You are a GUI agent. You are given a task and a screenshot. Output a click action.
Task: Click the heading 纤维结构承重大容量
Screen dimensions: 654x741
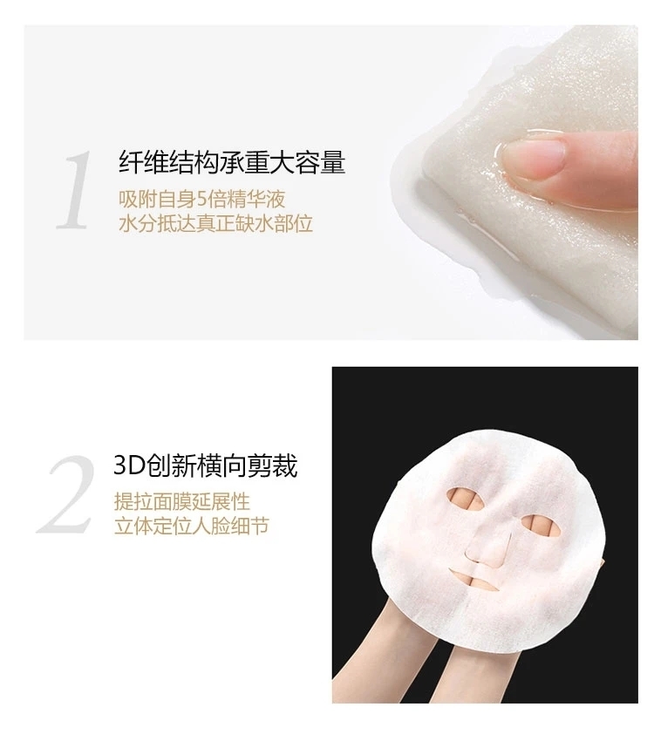pyautogui.click(x=232, y=161)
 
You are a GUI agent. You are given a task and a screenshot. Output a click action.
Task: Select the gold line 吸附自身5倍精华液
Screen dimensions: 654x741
pyautogui.click(x=201, y=199)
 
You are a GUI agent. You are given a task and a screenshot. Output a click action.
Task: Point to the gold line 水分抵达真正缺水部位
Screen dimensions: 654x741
pyautogui.click(x=215, y=223)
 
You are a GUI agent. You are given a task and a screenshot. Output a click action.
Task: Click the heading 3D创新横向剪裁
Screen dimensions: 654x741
pyautogui.click(x=206, y=466)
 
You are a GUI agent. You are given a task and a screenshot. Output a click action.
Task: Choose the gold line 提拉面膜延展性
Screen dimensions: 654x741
pyautogui.click(x=182, y=501)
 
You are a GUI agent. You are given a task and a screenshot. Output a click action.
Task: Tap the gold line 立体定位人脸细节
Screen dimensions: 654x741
pyautogui.click(x=191, y=526)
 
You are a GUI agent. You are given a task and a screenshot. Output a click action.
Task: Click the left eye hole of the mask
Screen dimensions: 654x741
pyautogui.click(x=466, y=498)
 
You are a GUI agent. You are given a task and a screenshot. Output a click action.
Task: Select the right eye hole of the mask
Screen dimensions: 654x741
pyautogui.click(x=541, y=526)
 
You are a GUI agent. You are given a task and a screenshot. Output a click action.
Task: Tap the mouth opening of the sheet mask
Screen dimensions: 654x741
pyautogui.click(x=475, y=580)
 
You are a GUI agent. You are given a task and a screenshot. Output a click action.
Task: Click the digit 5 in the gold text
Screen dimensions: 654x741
pyautogui.click(x=201, y=200)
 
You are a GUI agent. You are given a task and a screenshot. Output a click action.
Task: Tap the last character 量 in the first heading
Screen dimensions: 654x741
pyautogui.click(x=333, y=161)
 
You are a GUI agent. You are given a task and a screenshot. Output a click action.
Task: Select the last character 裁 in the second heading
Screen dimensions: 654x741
pyautogui.click(x=285, y=466)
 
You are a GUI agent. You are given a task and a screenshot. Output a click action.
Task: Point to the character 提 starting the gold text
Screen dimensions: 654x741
pyautogui.click(x=124, y=501)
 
